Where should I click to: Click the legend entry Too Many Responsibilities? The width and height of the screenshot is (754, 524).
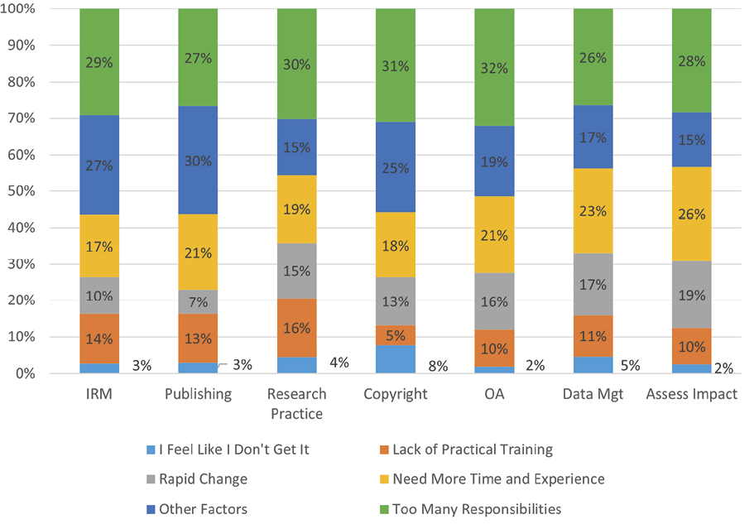477,508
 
